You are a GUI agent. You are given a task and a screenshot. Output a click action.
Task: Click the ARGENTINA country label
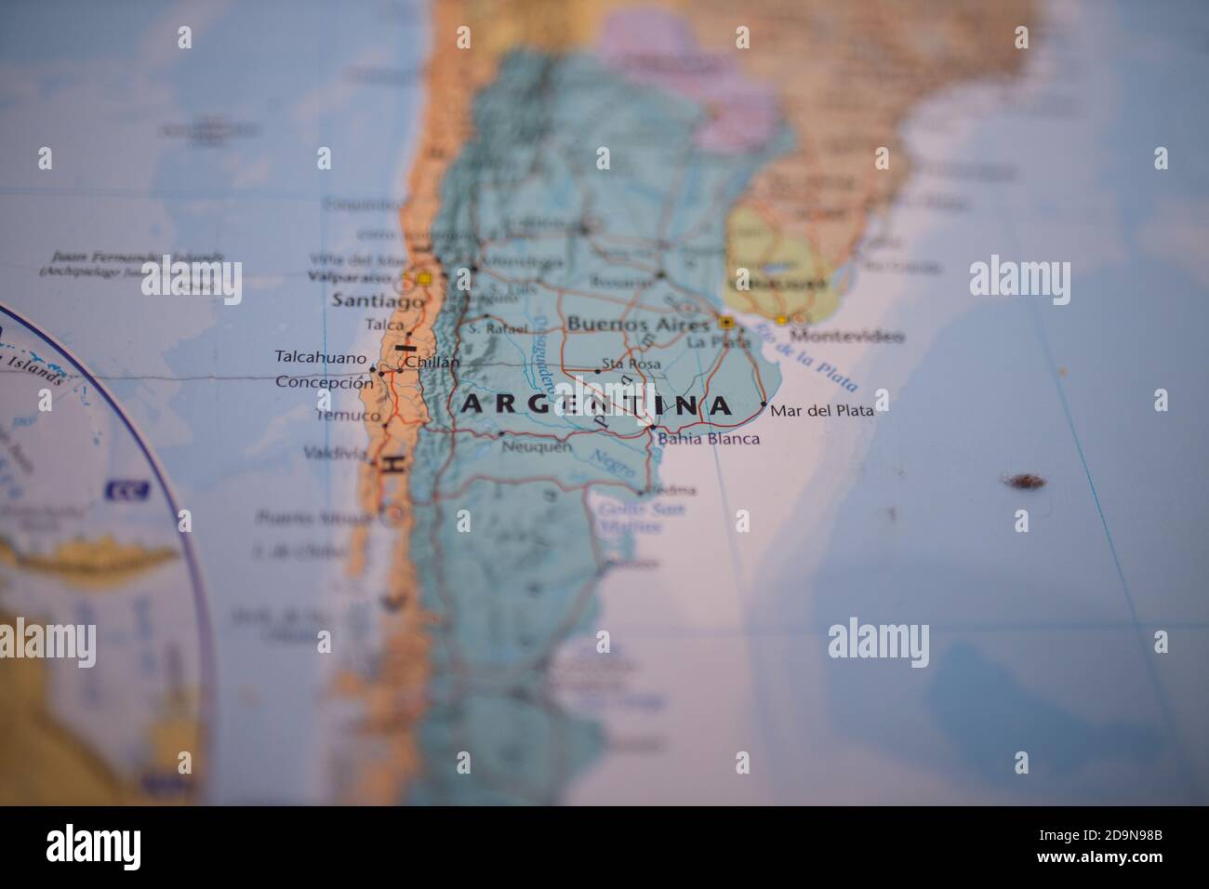pos(596,405)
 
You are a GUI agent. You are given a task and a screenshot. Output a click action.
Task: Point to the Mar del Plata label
pos(822,409)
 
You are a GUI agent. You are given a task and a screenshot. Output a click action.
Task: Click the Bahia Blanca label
pos(708,439)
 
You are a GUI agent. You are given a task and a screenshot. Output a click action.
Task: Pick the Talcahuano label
pos(321,355)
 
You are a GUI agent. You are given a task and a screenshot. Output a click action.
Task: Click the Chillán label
pos(432,363)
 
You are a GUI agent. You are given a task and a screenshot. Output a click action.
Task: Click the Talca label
pos(385,325)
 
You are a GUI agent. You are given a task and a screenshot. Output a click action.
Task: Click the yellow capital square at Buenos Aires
pos(725,323)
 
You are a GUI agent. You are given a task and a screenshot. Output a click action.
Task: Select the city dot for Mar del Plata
pos(764,405)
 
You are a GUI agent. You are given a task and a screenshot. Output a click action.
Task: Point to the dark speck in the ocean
pos(1023,481)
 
